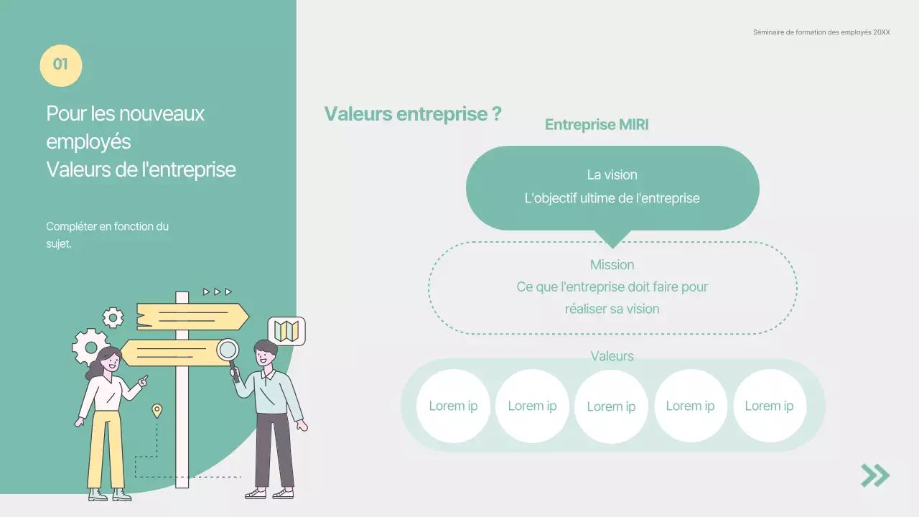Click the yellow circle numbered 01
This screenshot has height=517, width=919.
click(60, 65)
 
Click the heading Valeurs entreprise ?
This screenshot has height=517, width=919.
click(412, 113)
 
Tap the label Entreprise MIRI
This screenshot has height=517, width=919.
click(597, 125)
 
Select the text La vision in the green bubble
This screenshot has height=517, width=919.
click(612, 174)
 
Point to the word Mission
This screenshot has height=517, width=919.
click(612, 265)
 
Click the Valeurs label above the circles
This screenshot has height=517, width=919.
click(612, 356)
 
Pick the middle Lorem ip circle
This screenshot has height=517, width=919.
click(611, 406)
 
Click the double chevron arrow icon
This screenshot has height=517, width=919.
click(875, 475)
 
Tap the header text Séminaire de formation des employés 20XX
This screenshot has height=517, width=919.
click(821, 32)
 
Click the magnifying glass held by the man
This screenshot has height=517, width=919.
click(228, 350)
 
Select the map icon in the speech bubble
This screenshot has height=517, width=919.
click(286, 331)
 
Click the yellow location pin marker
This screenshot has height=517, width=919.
click(157, 411)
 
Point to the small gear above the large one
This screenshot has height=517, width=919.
click(113, 317)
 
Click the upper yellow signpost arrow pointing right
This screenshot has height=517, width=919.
click(192, 317)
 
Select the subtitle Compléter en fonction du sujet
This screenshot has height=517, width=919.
click(107, 235)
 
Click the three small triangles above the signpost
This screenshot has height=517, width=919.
click(217, 292)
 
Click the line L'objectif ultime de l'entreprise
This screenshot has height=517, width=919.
click(612, 198)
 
